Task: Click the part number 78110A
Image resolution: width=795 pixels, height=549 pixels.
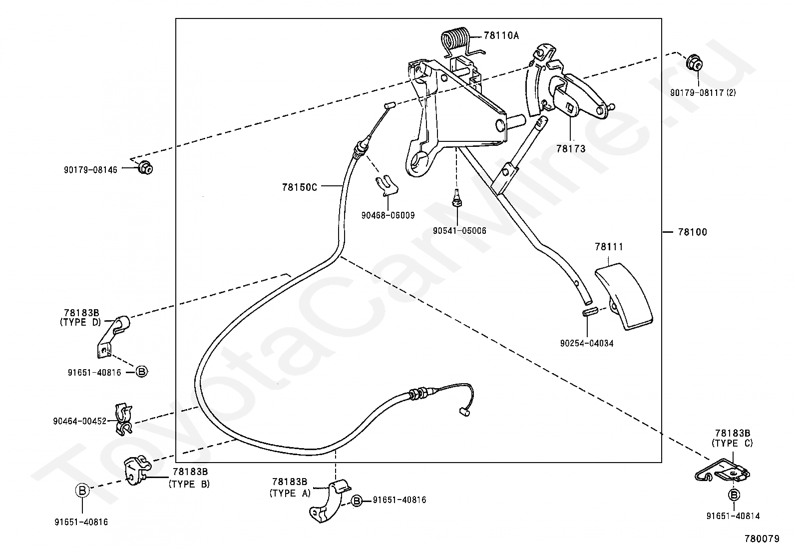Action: click(501, 35)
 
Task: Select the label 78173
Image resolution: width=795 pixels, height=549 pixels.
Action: click(571, 149)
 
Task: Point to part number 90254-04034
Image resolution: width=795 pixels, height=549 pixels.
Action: click(586, 343)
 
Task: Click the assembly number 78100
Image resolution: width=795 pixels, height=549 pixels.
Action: click(692, 232)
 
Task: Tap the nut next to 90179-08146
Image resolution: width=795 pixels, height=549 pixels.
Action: click(145, 168)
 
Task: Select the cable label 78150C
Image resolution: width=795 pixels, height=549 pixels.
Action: click(299, 187)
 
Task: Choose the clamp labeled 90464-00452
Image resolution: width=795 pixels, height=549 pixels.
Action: click(123, 419)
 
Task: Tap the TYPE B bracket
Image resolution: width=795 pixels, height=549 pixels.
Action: click(137, 471)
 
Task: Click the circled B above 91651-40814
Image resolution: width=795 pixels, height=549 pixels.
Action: click(734, 495)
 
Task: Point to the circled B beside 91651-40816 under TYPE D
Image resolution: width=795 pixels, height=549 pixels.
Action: click(142, 372)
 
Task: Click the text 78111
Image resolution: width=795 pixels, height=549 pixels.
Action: click(609, 247)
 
